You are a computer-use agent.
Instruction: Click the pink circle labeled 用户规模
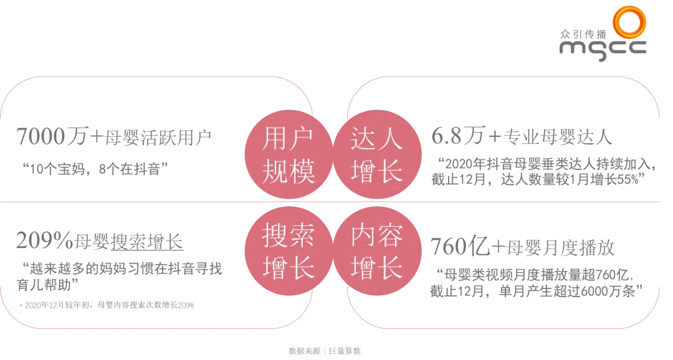click(289, 155)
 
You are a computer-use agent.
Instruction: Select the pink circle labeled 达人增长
click(376, 155)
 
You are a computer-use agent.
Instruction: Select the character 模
click(302, 171)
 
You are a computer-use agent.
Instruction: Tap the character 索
click(302, 237)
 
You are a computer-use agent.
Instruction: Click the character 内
click(363, 237)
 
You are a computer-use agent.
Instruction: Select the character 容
click(390, 237)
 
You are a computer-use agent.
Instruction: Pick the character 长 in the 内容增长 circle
click(390, 269)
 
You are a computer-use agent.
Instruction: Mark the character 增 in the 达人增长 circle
click(363, 171)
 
